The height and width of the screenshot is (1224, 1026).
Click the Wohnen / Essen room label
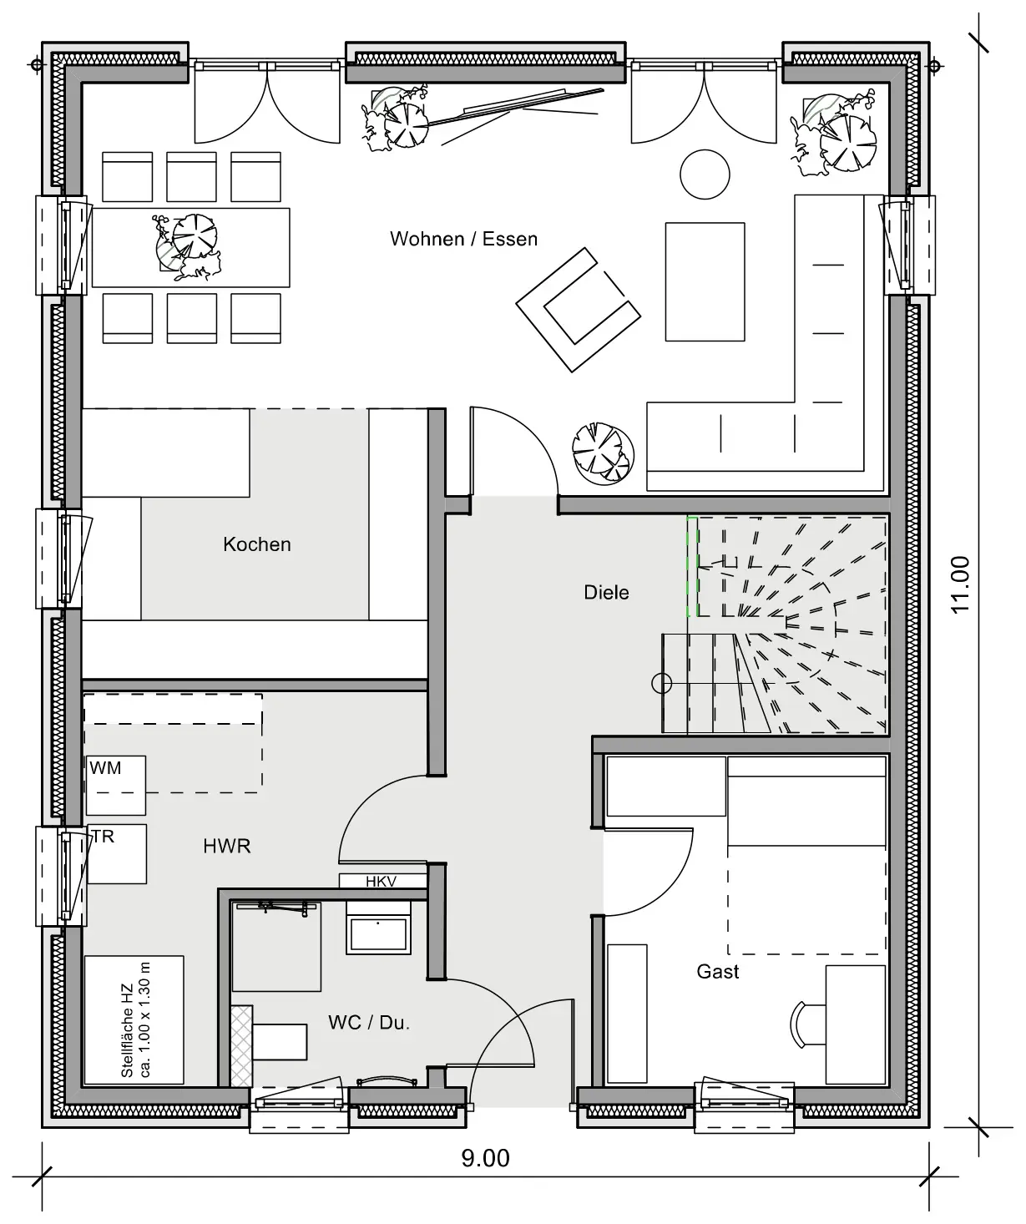[x=463, y=239]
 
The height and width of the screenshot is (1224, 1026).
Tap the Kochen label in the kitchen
[x=257, y=544]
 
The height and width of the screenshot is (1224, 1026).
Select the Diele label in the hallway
[x=606, y=592]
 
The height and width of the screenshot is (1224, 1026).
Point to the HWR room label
[x=227, y=846]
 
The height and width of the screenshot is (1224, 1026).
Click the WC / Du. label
[x=369, y=1022]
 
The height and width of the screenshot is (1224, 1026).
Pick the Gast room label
[x=718, y=971]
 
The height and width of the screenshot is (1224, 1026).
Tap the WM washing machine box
[x=115, y=785]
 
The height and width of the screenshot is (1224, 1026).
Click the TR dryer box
[x=117, y=853]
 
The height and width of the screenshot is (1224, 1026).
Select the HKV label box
[x=382, y=881]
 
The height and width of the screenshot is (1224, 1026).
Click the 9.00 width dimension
[x=485, y=1158]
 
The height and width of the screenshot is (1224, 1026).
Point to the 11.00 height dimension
[x=960, y=585]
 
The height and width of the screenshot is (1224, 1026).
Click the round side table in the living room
[x=705, y=174]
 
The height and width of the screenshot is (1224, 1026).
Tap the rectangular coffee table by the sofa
[x=705, y=281]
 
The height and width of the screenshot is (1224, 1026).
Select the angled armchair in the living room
[x=578, y=310]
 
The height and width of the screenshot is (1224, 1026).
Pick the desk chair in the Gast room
[x=806, y=1024]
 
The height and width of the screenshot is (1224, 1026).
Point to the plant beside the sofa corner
[x=603, y=453]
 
